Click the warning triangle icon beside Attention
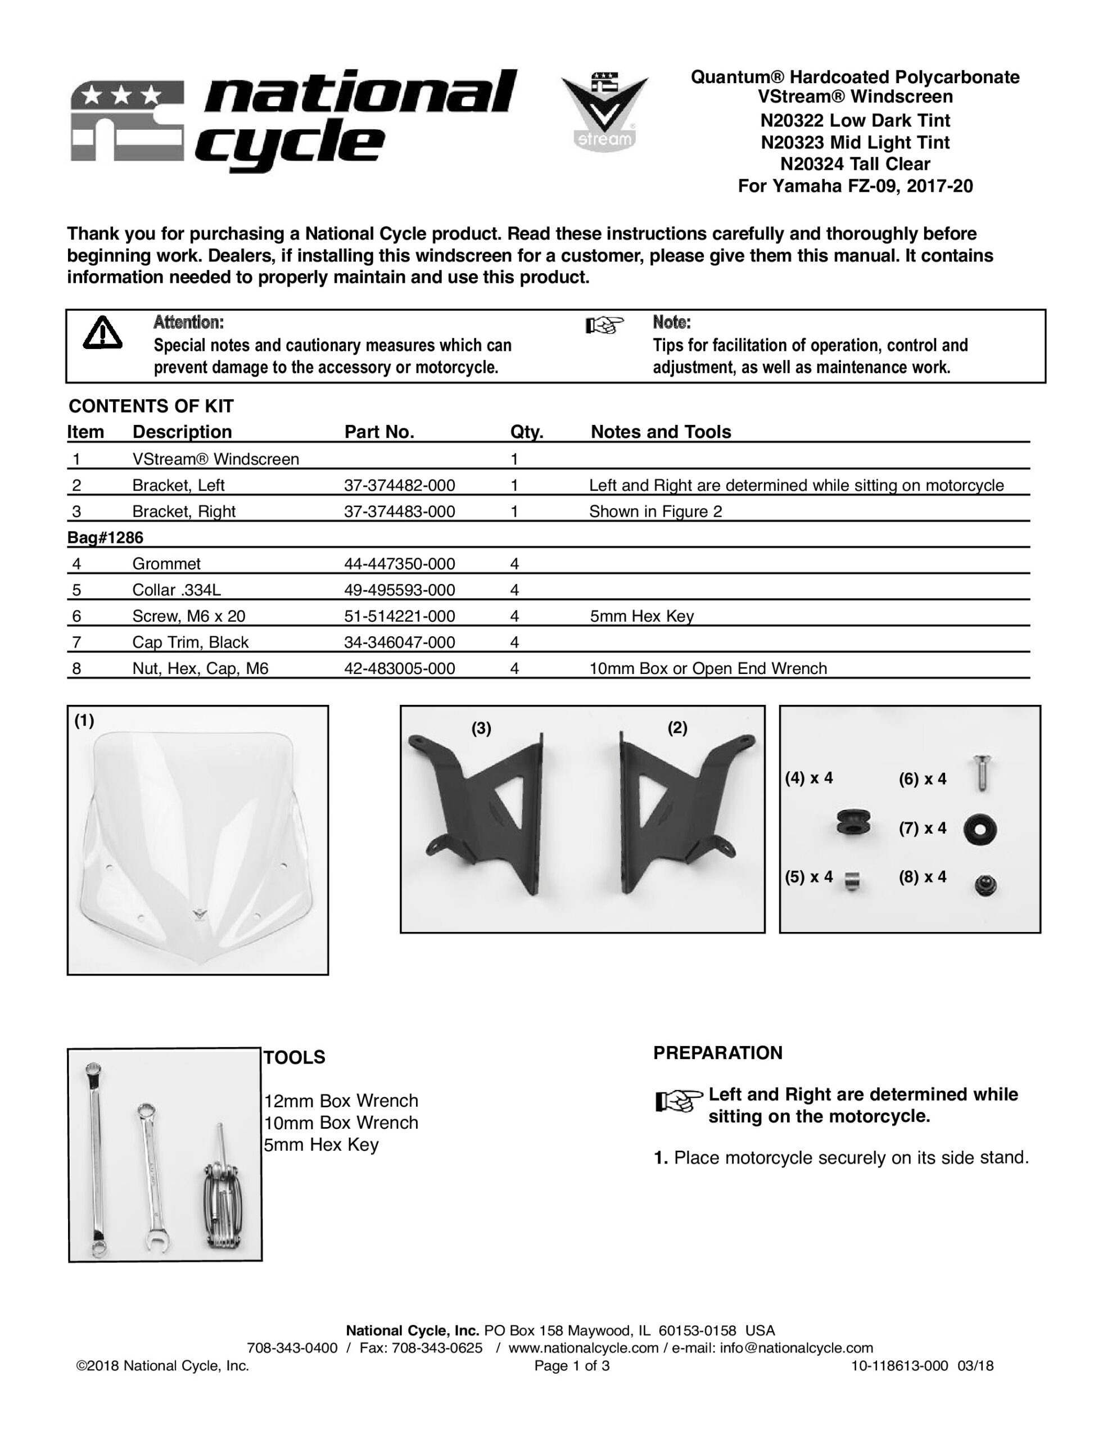click(x=102, y=333)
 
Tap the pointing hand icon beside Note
click(x=604, y=325)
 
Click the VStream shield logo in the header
click(x=604, y=111)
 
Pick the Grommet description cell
click(x=166, y=564)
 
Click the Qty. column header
click(x=526, y=432)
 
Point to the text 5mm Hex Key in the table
click(x=641, y=617)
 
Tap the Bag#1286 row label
click(x=105, y=537)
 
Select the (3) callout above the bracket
click(x=481, y=728)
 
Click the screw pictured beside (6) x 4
click(x=982, y=773)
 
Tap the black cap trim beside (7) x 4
click(x=979, y=830)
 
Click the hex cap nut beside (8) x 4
click(x=986, y=885)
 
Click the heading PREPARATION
click(x=717, y=1053)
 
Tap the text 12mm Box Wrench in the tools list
click(x=341, y=1101)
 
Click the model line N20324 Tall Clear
click(x=855, y=164)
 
